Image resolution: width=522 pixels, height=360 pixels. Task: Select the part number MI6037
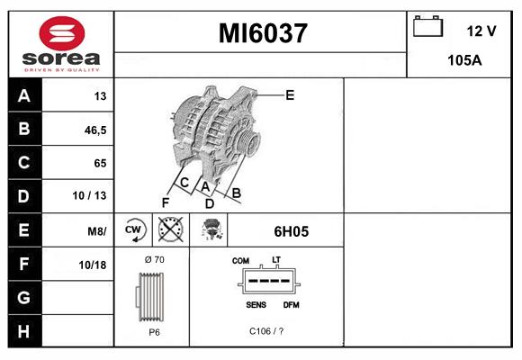[263, 33]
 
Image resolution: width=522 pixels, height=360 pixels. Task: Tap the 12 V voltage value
[481, 31]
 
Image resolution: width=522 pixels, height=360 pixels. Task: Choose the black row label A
[23, 96]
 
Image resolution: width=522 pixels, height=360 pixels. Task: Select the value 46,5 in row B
[94, 130]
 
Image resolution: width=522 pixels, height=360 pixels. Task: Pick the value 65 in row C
[100, 163]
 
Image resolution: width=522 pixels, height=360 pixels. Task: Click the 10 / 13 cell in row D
[91, 196]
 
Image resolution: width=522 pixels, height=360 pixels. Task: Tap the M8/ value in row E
[96, 230]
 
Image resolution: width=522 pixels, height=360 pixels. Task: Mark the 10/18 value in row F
[94, 264]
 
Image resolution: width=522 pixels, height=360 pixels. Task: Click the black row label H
[23, 330]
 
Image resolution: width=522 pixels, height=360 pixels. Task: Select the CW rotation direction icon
[134, 229]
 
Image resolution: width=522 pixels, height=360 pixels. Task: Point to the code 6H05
[291, 231]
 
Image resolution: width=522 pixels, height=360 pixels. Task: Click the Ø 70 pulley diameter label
[154, 260]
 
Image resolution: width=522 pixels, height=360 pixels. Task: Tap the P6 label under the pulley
[154, 332]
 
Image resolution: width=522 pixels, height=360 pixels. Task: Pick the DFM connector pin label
[292, 305]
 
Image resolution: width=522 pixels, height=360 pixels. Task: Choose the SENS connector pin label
[256, 305]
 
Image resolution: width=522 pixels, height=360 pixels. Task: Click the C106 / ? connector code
[266, 332]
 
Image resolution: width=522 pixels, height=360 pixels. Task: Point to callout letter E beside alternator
[290, 94]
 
